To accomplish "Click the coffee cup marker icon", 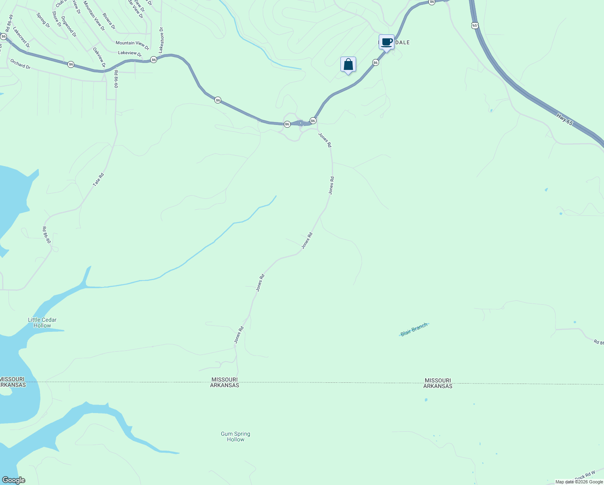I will tap(386, 42).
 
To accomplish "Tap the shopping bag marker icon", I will tap(348, 65).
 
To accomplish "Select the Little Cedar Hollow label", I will tap(42, 323).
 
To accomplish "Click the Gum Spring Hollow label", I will tap(235, 436).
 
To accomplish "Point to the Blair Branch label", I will tap(414, 330).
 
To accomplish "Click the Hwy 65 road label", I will tap(564, 119).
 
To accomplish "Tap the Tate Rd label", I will tap(99, 179).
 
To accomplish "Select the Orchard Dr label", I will tap(20, 64).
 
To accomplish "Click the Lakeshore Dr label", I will tap(161, 40).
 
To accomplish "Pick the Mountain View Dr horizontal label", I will tap(132, 43).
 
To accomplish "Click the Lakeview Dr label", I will tap(130, 53).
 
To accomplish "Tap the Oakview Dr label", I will tap(99, 57).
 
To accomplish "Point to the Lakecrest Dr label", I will tap(21, 37).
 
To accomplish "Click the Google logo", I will tap(13, 480).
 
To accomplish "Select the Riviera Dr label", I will tap(109, 21).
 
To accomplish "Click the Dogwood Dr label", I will tap(69, 27).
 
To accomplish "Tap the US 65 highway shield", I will tap(474, 25).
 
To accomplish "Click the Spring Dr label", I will tap(43, 20).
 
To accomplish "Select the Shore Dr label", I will tap(57, 19).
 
